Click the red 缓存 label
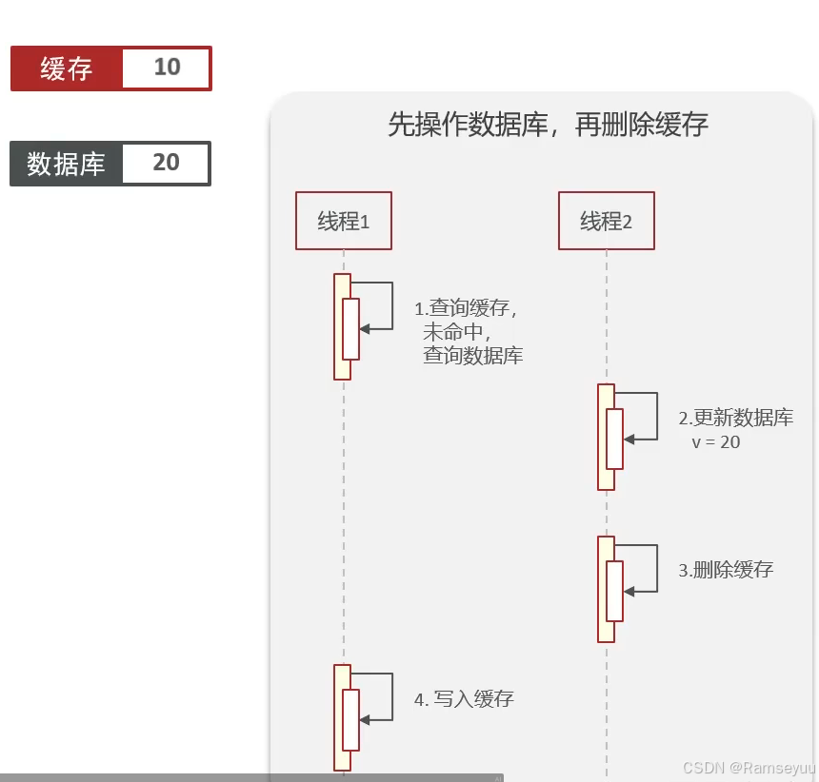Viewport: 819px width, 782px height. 67,68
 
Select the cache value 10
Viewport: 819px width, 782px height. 167,68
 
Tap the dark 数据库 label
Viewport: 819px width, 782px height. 66,164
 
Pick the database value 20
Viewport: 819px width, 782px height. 166,164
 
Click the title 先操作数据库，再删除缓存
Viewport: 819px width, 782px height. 548,125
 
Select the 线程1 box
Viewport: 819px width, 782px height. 343,221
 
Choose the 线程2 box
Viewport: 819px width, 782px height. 607,222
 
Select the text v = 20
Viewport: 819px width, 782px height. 716,442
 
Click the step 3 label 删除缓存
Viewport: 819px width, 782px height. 732,570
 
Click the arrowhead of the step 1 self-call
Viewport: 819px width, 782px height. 365,329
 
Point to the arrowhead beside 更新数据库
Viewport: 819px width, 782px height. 629,440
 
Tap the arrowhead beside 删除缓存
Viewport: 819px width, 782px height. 629,592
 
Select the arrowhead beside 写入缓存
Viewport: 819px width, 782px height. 365,720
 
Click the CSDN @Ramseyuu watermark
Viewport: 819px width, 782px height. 749,767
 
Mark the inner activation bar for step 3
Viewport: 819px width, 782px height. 614,591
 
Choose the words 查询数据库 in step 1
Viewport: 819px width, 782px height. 472,356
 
